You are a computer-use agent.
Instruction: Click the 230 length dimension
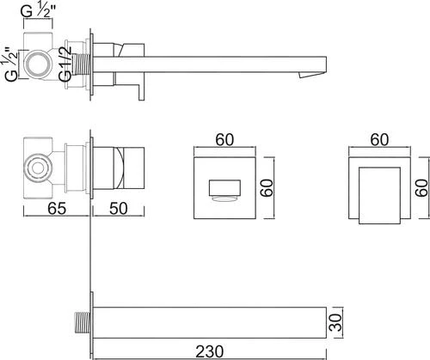[209, 351]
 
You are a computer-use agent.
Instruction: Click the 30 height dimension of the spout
[335, 322]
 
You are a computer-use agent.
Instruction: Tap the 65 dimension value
[57, 208]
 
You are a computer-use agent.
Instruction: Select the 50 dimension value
[119, 208]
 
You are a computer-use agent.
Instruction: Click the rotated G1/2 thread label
[65, 64]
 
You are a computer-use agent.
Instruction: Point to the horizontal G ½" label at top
[38, 11]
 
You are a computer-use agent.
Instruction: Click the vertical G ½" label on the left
[12, 64]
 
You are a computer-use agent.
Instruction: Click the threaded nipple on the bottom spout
[83, 323]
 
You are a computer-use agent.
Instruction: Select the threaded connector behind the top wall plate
[81, 64]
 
